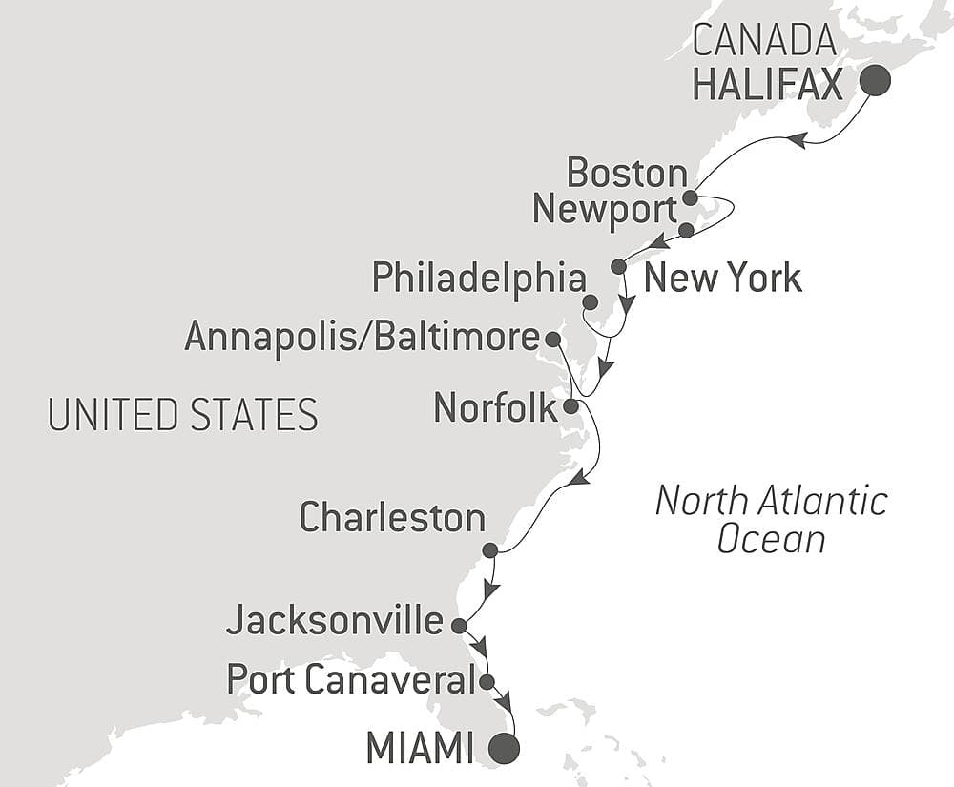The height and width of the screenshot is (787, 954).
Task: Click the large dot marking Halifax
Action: tap(875, 82)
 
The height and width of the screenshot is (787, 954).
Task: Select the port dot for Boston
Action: tap(690, 198)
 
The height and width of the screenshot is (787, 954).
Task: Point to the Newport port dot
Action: tap(686, 230)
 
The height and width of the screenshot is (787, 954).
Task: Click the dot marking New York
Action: tap(618, 266)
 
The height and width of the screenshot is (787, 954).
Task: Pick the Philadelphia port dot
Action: tap(591, 302)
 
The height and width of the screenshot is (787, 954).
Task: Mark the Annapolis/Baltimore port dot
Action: tap(552, 339)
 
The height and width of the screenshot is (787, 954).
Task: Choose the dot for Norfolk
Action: tap(570, 406)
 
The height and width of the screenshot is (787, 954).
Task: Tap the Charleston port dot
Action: tap(490, 550)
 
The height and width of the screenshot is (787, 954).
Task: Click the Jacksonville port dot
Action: tap(458, 627)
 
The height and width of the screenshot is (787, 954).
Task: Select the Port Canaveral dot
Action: tap(487, 682)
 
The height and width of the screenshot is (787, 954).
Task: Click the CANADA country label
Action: tap(764, 42)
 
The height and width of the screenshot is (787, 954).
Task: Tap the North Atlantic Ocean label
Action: tap(771, 520)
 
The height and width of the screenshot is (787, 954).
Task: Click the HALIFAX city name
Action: tap(768, 85)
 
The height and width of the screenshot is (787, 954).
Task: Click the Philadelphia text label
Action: tap(479, 279)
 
